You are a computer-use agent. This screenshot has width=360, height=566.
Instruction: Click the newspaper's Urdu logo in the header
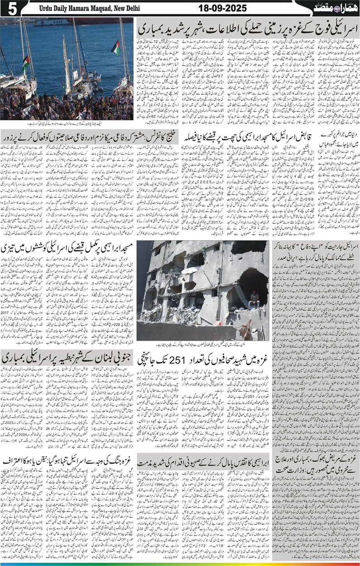pos(333,8)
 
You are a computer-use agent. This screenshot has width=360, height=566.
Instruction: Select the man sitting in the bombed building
pos(255,298)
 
